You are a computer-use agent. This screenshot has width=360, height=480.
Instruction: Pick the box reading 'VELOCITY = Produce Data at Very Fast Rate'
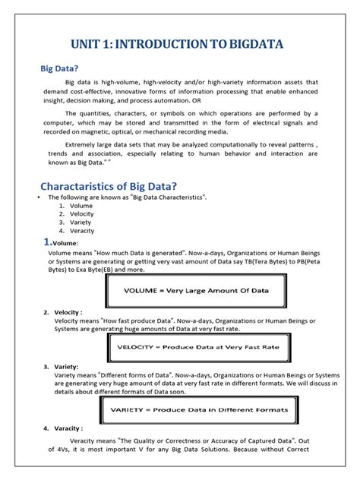pyautogui.click(x=197, y=349)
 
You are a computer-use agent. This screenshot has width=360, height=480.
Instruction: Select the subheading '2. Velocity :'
pyautogui.click(x=67, y=312)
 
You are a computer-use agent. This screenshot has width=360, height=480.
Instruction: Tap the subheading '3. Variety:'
pyautogui.click(x=65, y=366)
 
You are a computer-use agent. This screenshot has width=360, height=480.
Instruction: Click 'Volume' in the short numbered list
pyautogui.click(x=81, y=206)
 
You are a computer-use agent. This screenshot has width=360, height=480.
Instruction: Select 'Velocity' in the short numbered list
pyautogui.click(x=82, y=214)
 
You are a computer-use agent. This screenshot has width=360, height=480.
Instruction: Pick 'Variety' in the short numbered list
pyautogui.click(x=81, y=223)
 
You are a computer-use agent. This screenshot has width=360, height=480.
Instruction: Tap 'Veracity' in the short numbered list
pyautogui.click(x=82, y=231)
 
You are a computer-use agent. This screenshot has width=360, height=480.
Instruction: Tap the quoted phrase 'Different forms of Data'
pyautogui.click(x=135, y=375)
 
